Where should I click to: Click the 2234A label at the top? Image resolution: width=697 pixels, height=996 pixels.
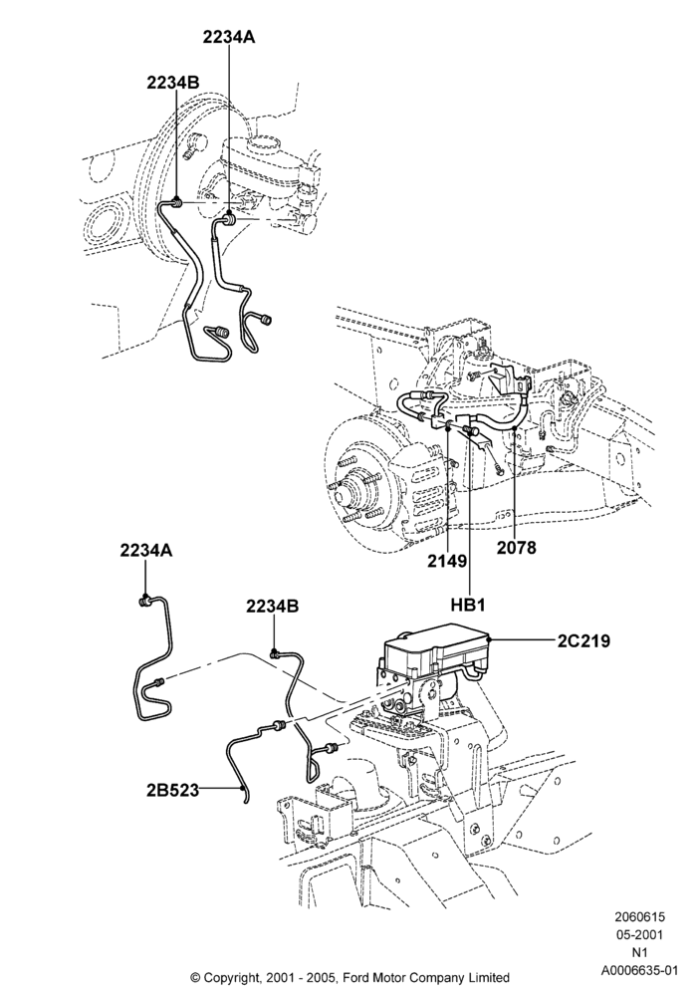[x=229, y=37]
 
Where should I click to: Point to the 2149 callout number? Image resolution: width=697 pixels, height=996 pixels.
[x=447, y=561]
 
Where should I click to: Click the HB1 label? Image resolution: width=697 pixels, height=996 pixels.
[x=468, y=606]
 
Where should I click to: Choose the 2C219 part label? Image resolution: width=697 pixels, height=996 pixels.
[x=584, y=640]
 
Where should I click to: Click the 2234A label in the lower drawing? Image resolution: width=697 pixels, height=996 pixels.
[x=146, y=551]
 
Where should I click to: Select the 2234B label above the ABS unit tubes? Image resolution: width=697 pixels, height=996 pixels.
[x=272, y=607]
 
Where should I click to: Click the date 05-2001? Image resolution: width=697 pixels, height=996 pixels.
[x=638, y=934]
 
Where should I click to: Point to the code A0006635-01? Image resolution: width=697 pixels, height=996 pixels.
[x=640, y=970]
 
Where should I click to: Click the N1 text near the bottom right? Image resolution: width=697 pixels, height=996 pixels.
[x=639, y=952]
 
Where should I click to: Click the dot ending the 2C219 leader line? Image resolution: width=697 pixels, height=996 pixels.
[x=491, y=639]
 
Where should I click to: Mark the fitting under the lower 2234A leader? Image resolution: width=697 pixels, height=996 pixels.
[x=144, y=601]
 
